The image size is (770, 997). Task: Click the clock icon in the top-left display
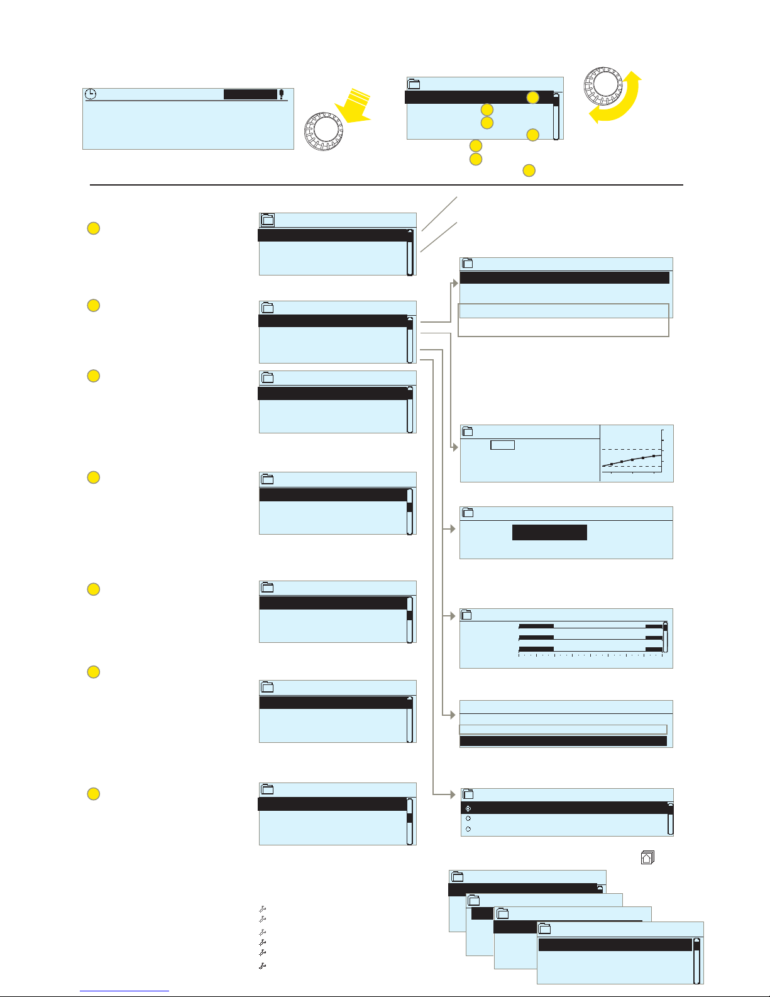point(91,94)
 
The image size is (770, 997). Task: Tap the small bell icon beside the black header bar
point(282,94)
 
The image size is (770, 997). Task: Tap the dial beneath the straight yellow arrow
point(324,131)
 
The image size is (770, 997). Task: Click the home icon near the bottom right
point(647,857)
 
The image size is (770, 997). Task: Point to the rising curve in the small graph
point(632,460)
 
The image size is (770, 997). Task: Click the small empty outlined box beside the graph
point(502,445)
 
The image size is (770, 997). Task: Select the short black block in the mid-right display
point(549,532)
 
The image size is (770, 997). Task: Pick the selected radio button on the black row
point(468,808)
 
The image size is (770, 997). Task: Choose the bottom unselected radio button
point(468,829)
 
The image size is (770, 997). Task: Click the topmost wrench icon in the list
point(263,909)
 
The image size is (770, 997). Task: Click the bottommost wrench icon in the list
point(263,966)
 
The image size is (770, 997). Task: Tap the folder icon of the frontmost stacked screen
point(545,929)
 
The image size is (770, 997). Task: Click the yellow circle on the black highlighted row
point(532,97)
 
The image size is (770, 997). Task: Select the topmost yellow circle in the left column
point(93,228)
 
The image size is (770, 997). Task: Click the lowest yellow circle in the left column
point(93,794)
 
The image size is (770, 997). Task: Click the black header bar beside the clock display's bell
point(250,94)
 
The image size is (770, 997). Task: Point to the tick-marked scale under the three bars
point(590,655)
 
